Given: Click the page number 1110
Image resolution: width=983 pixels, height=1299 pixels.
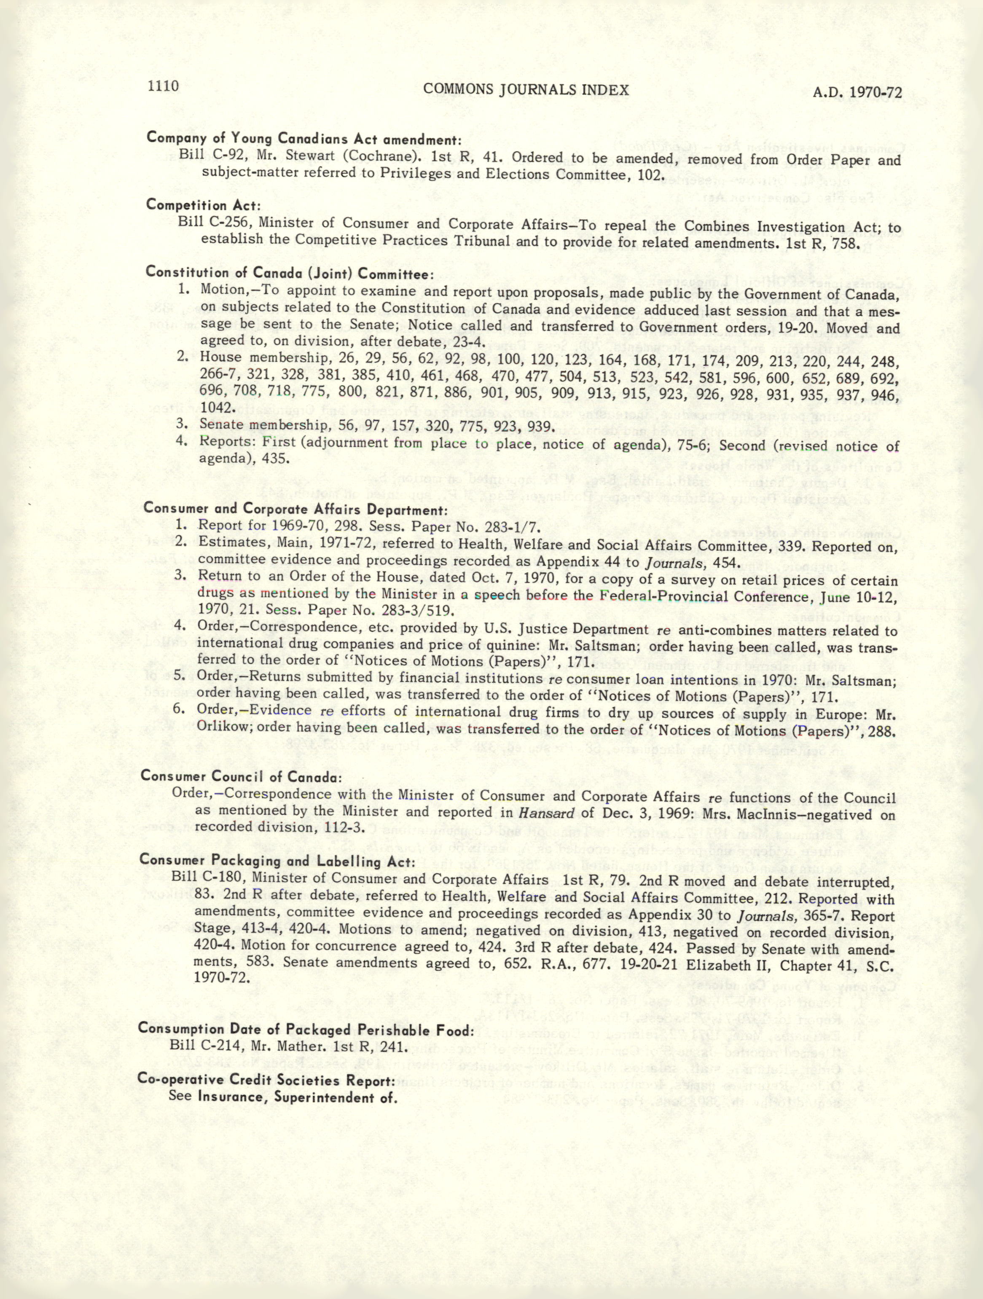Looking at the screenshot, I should (x=163, y=87).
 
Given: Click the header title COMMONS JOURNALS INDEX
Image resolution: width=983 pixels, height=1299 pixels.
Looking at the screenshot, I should (x=526, y=89).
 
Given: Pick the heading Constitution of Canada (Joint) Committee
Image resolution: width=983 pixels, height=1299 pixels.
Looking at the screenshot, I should (x=290, y=273).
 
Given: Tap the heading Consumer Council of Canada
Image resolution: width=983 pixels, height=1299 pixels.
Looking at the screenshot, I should (x=241, y=776).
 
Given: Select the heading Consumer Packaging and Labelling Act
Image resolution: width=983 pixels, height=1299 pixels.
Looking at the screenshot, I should (x=277, y=861).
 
